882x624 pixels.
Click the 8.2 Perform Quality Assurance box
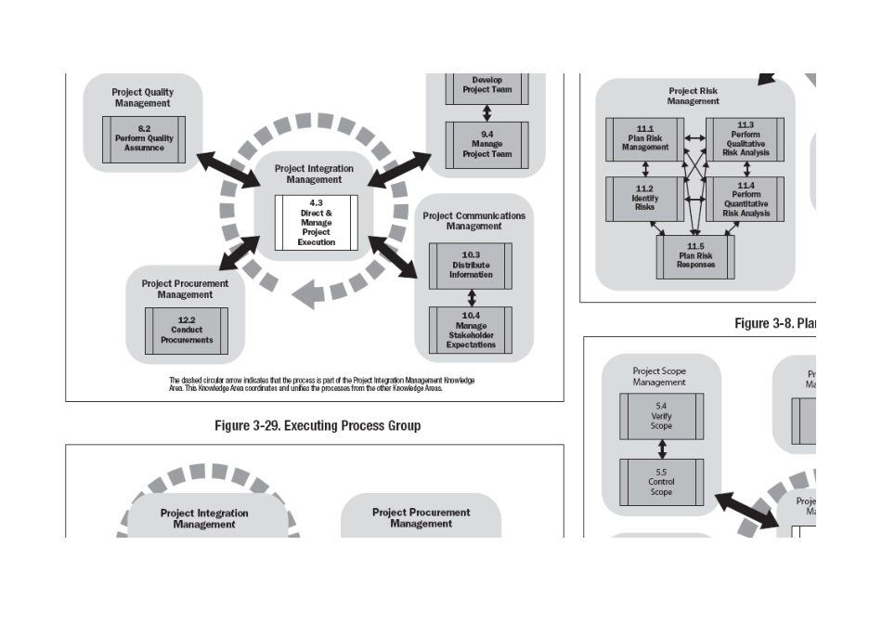144,138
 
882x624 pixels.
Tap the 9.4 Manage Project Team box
486,146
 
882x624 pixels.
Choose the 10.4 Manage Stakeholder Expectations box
471,330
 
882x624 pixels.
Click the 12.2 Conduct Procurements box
187,331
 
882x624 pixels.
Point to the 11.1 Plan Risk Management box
645,141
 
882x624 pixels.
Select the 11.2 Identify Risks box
645,200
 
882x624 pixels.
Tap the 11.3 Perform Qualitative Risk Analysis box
746,141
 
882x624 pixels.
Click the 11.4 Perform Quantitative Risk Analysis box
746,200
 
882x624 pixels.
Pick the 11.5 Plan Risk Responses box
695,257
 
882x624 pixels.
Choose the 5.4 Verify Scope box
661,416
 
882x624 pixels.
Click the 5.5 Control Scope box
661,482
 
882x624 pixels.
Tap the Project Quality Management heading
142,97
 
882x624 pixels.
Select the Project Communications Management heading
473,220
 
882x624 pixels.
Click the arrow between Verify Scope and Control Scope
661,449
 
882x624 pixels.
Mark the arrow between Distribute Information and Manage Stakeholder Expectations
472,297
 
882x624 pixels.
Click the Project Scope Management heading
659,376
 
